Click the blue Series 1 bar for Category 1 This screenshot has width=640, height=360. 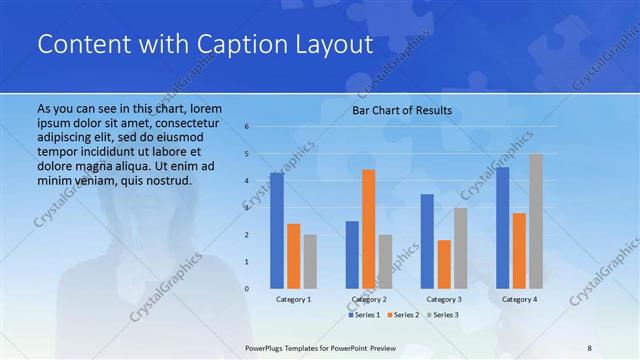[x=277, y=230]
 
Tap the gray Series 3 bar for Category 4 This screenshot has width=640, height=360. [x=536, y=220]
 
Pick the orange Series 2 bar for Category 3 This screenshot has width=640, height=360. [x=444, y=263]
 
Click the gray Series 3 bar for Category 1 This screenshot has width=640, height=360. [x=310, y=261]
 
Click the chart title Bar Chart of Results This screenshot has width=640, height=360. [x=402, y=110]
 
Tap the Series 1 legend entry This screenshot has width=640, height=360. [x=364, y=315]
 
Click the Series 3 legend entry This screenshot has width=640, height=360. [x=443, y=315]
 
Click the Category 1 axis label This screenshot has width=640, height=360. [x=293, y=299]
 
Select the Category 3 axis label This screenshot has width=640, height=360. [x=444, y=299]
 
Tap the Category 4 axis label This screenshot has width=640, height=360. [x=519, y=299]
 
